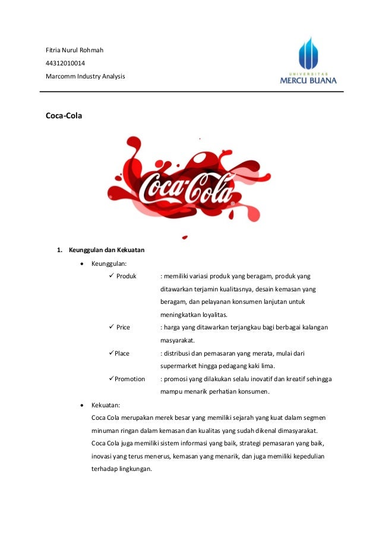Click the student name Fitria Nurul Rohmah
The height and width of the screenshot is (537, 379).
tap(75, 50)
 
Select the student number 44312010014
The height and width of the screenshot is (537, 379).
tap(65, 63)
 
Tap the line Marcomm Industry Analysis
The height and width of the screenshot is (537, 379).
tap(86, 76)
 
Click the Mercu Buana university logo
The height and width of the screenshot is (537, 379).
tap(308, 62)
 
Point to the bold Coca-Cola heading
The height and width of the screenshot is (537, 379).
tap(64, 116)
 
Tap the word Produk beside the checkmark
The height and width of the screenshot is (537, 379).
tap(127, 276)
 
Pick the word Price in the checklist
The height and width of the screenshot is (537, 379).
tap(123, 328)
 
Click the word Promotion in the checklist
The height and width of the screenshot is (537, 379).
tap(130, 379)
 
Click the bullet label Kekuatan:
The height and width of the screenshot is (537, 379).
tap(106, 404)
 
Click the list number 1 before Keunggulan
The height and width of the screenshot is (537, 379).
tap(59, 249)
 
